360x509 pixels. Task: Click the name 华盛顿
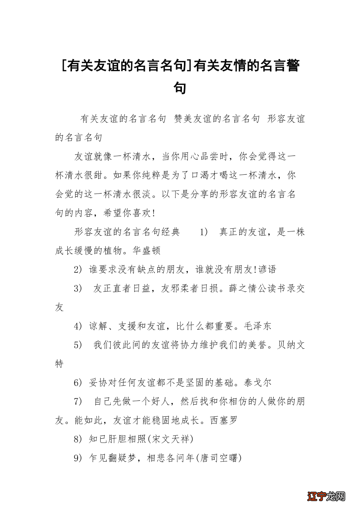147,251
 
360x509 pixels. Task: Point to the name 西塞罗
224,421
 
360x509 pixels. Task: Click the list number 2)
78,269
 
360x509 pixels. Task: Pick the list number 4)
78,326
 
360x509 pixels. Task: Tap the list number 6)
78,382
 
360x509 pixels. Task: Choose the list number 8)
78,439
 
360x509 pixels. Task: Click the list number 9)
78,458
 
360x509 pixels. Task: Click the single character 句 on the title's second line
180,88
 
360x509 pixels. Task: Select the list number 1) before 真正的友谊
204,232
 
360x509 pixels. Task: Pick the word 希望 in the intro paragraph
113,213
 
